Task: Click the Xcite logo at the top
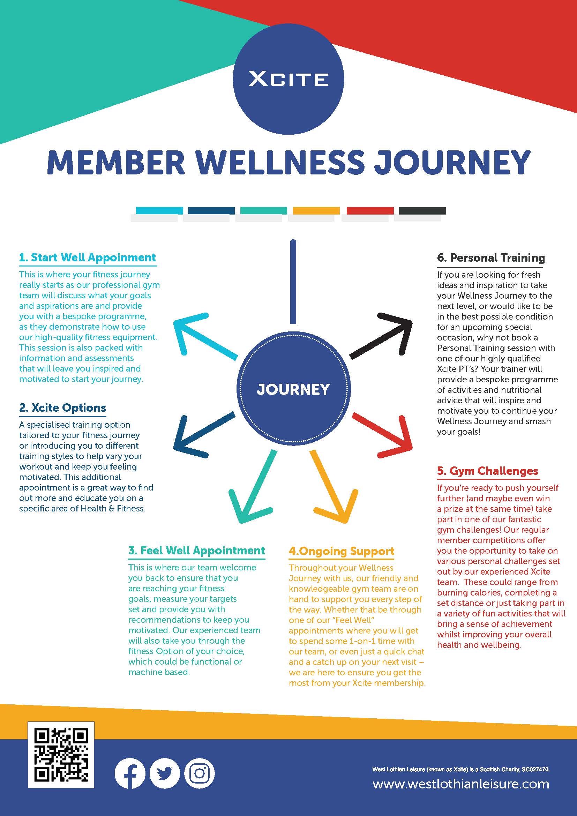pyautogui.click(x=288, y=79)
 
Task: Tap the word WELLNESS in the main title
pyautogui.click(x=280, y=163)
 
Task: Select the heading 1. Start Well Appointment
pyautogui.click(x=88, y=257)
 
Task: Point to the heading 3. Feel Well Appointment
pyautogui.click(x=196, y=551)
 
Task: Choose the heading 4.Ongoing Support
pyautogui.click(x=342, y=551)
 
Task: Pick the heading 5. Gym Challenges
pyautogui.click(x=487, y=471)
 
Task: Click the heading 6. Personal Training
pyautogui.click(x=491, y=258)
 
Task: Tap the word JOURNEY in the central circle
pyautogui.click(x=293, y=390)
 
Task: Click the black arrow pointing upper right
pyautogui.click(x=384, y=335)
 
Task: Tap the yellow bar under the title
pyautogui.click(x=316, y=210)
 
